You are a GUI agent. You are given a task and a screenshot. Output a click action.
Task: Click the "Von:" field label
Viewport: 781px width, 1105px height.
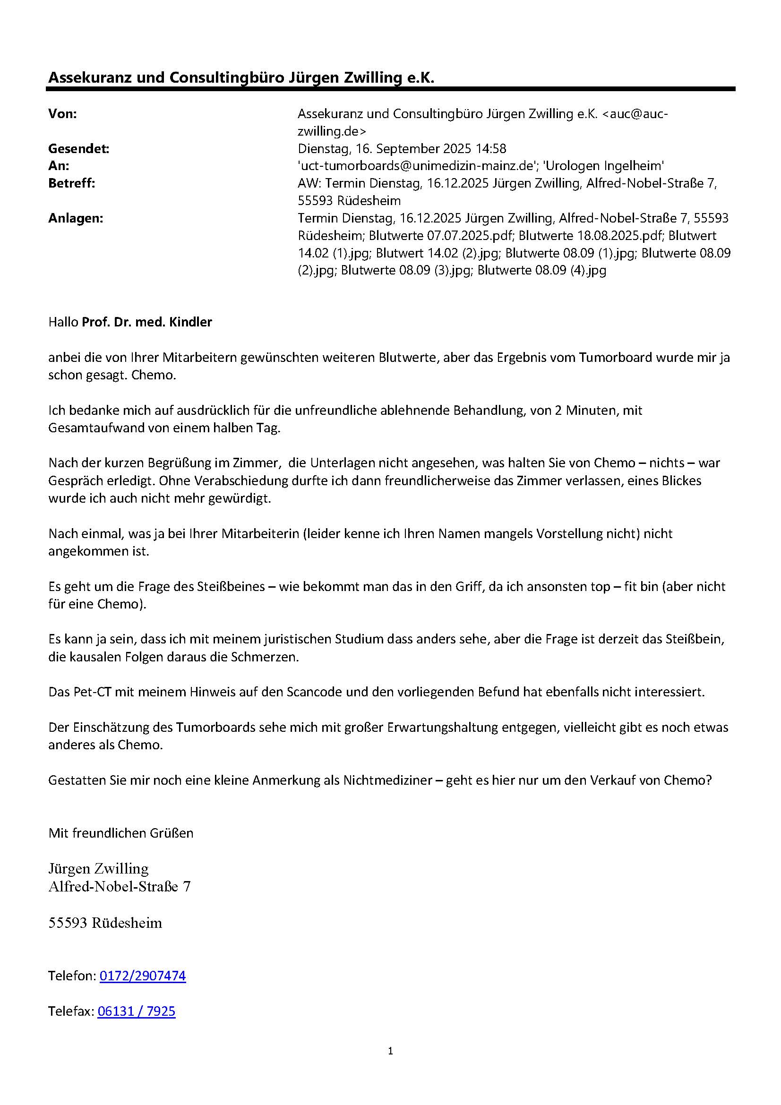pos(62,114)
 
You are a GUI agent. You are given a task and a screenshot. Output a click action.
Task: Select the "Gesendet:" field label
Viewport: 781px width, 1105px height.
pos(78,149)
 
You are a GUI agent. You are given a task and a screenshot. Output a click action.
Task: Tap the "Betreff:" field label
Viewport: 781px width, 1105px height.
pos(72,183)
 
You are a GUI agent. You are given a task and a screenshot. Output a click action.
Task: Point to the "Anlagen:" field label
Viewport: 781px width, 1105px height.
pos(76,218)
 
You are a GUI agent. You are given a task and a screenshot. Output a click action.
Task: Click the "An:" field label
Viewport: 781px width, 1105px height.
pos(59,166)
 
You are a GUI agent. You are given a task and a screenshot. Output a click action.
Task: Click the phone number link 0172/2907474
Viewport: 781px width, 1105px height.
pos(142,976)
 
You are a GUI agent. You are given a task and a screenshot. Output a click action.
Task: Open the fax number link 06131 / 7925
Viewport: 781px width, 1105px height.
pos(136,1011)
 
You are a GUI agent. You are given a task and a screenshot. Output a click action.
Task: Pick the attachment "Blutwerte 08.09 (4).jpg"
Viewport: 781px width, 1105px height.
pos(541,271)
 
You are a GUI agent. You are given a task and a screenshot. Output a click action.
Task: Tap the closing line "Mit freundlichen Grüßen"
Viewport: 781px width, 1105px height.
pos(121,832)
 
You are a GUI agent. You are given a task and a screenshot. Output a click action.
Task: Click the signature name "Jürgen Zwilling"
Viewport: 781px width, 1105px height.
pos(99,868)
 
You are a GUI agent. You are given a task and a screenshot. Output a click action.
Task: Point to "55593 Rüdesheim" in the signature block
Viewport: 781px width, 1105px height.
pos(105,923)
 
